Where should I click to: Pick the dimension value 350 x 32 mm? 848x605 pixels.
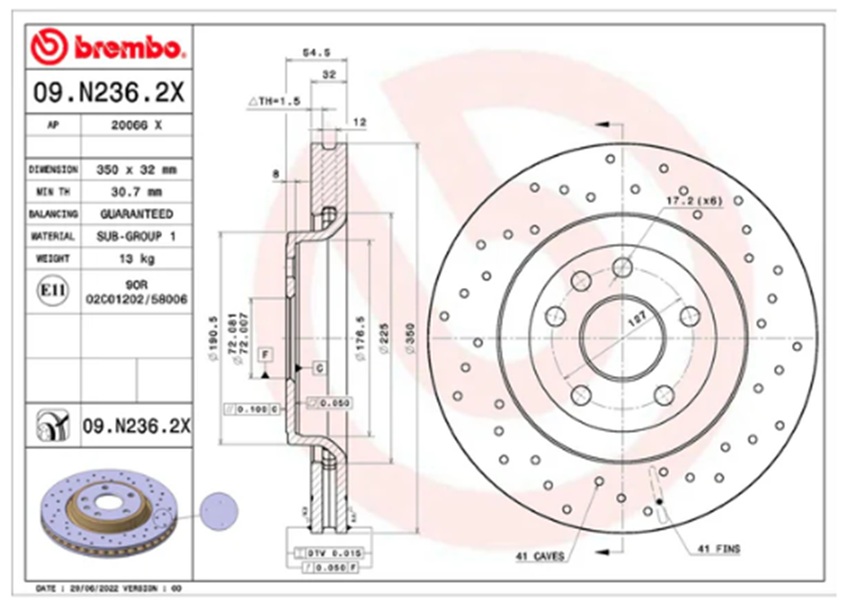point(136,170)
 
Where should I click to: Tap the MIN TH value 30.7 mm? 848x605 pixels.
point(136,192)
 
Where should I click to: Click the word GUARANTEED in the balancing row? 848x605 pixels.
point(136,214)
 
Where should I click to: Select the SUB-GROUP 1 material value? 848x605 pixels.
point(136,236)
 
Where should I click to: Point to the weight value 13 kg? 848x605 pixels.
point(136,258)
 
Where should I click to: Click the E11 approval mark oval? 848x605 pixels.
point(53,291)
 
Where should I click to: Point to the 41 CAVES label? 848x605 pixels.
point(539,557)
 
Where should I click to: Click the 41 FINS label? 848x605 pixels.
point(718,549)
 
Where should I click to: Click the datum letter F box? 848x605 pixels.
point(264,354)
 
